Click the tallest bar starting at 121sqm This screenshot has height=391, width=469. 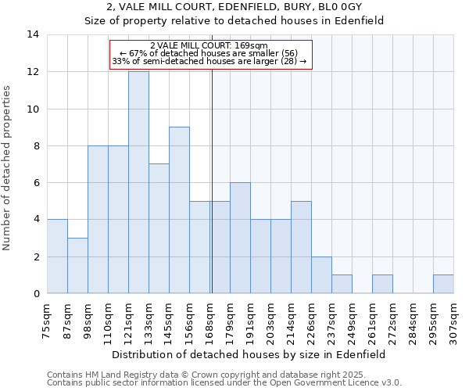click(138, 182)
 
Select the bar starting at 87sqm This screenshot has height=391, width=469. click(77, 266)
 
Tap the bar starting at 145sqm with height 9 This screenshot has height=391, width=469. click(179, 210)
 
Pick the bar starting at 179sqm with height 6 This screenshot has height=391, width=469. click(240, 238)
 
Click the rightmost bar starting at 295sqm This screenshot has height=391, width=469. click(443, 284)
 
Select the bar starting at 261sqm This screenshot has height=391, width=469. click(382, 284)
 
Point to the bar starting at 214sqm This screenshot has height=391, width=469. click(301, 247)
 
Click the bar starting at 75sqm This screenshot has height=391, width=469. click(57, 256)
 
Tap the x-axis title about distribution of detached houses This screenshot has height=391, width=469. click(249, 354)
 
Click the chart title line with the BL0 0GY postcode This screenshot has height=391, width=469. click(234, 7)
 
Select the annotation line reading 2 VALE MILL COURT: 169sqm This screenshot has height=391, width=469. click(209, 46)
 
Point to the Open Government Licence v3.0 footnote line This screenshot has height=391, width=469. click(224, 383)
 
